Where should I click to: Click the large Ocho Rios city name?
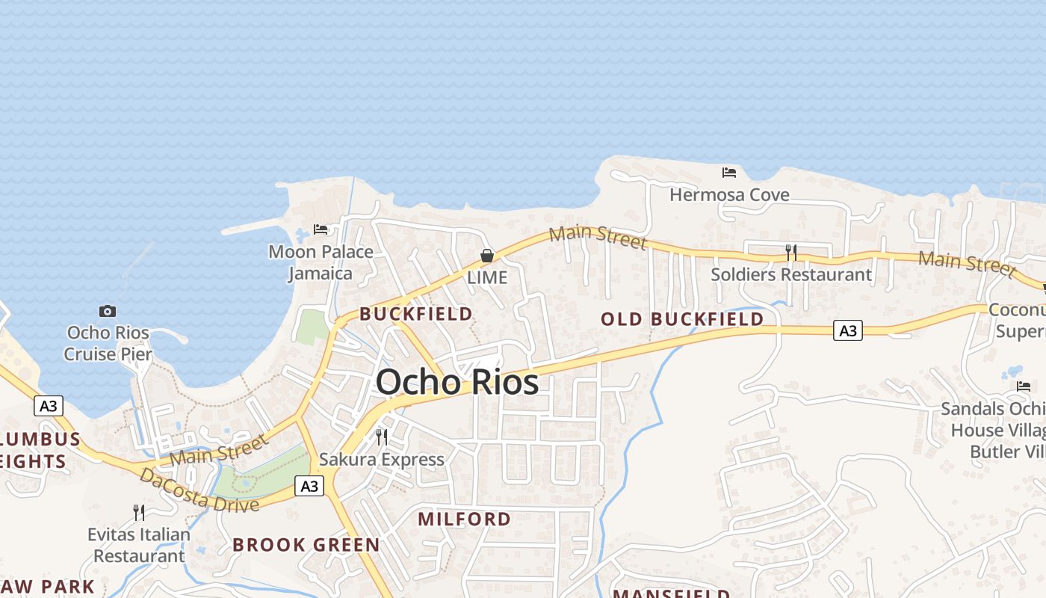tap(457, 382)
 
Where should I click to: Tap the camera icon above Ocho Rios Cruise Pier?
tap(108, 311)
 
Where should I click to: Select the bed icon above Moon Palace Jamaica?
tap(321, 229)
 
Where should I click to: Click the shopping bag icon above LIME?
tap(487, 256)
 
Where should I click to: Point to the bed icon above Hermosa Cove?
tap(729, 173)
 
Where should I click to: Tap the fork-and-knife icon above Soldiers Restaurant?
tap(791, 253)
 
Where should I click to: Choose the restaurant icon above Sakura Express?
tap(382, 437)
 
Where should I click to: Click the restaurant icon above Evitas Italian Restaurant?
tap(139, 512)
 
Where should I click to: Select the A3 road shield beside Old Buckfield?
tap(848, 330)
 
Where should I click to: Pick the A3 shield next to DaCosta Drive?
tap(309, 487)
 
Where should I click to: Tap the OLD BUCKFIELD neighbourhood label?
tap(682, 319)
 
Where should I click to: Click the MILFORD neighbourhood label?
tap(464, 519)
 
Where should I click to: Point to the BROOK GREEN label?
tap(306, 544)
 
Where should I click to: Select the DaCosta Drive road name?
tap(199, 490)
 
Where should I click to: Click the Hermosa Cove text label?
tap(729, 195)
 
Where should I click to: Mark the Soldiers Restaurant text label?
tap(790, 274)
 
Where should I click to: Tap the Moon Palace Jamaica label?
tap(321, 262)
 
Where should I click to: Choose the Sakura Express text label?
tap(382, 459)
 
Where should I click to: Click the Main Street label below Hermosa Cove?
tap(598, 236)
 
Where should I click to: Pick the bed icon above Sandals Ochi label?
tap(1024, 386)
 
